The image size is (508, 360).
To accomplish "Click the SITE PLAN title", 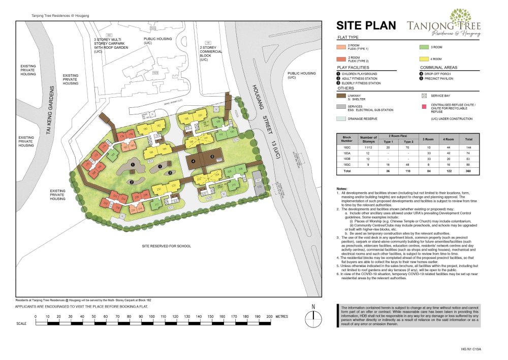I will pos(366,25).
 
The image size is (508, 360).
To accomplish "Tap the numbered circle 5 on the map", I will pos(212,157).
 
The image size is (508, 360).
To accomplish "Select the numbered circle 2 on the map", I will pos(131,182).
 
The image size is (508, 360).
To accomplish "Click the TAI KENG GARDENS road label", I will pos(49,109).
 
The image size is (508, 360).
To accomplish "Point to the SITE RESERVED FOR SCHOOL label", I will pos(167,246).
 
